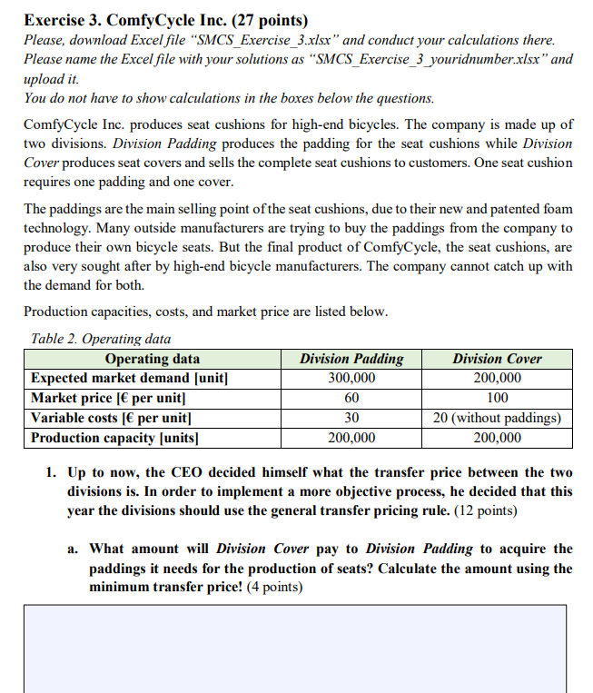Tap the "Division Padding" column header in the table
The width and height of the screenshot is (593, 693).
351,359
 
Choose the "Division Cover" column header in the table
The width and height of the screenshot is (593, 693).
497,359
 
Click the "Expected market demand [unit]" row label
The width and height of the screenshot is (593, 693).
128,378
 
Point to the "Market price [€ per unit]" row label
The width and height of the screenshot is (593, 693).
108,398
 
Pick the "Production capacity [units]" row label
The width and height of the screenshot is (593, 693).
115,438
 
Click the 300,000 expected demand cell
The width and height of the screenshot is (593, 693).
351,378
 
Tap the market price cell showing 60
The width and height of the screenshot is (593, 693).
351,398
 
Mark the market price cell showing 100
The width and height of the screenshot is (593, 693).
497,398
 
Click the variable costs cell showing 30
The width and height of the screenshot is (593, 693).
351,418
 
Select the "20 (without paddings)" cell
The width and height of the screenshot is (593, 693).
497,418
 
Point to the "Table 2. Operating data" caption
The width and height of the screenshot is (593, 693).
100,339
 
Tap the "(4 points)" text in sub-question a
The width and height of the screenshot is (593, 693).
275,587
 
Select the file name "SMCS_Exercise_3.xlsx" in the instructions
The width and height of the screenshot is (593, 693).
262,41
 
